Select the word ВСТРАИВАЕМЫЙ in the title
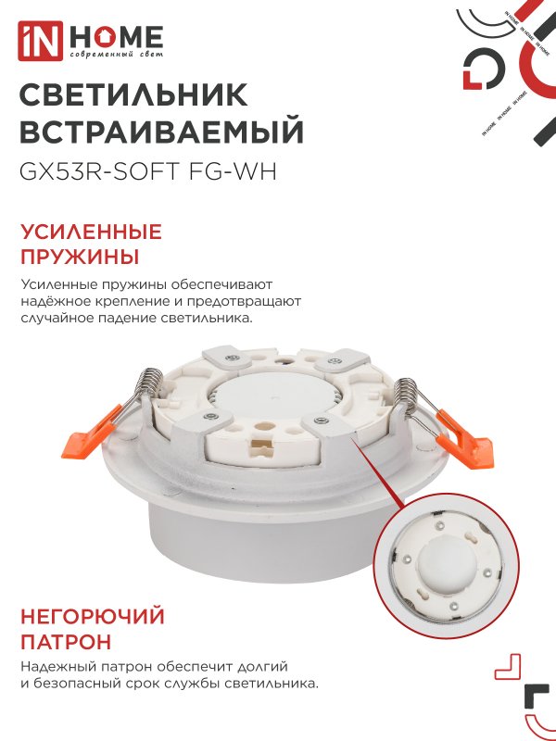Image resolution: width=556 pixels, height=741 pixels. (x=161, y=133)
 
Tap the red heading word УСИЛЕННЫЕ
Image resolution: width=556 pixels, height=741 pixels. (x=90, y=232)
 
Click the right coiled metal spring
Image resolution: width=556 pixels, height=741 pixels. (x=408, y=393)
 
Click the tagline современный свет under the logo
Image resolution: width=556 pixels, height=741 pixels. (x=115, y=57)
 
